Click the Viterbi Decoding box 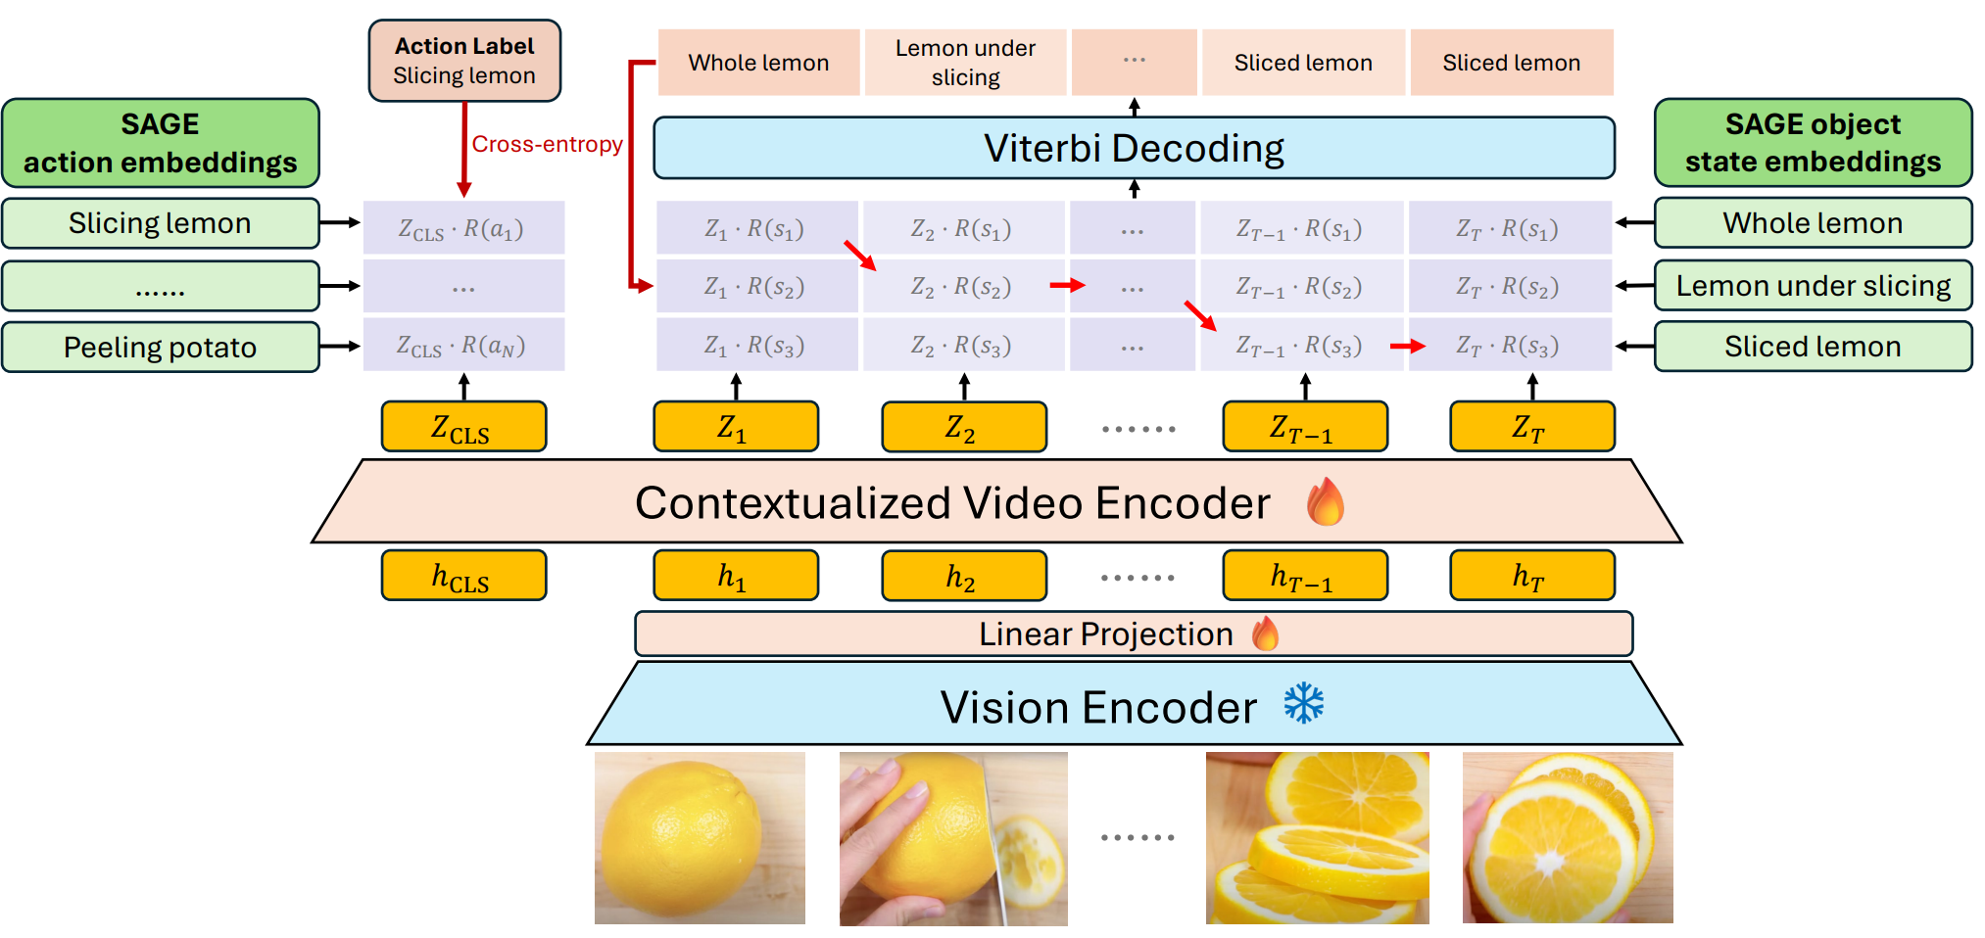1134,148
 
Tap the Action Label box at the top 464,61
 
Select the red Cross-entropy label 547,144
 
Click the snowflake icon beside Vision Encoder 1304,704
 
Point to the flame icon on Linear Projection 1266,633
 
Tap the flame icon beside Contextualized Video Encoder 1326,501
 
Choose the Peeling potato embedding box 161,348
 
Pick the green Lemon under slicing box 1813,286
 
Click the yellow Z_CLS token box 463,427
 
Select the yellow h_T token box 1531,576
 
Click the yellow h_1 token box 736,576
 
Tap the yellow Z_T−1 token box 1305,427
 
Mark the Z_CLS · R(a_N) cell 463,346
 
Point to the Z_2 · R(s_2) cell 960,287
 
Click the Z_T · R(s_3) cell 1509,346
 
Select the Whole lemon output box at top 758,63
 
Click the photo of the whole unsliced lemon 700,838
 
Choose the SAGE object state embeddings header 1813,143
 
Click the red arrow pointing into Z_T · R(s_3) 1407,346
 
